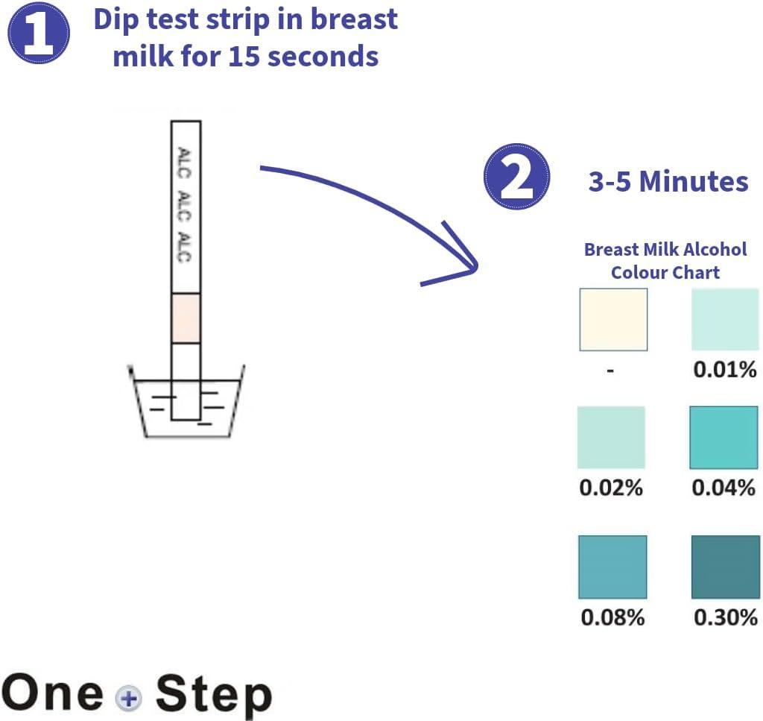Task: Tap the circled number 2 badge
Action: click(517, 177)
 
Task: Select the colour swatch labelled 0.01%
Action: click(725, 319)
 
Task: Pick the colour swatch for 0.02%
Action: click(611, 437)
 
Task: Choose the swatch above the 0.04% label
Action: click(724, 437)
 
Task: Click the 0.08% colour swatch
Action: click(612, 567)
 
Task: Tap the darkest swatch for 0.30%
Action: click(726, 567)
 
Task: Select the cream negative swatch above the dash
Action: click(613, 319)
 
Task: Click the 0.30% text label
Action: click(725, 617)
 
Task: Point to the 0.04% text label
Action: click(724, 488)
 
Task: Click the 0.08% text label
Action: click(612, 618)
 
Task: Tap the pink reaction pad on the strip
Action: click(186, 318)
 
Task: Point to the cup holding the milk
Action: click(187, 406)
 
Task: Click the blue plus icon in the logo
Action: click(129, 698)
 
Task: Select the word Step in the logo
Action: click(213, 694)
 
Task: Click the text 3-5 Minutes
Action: click(668, 181)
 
